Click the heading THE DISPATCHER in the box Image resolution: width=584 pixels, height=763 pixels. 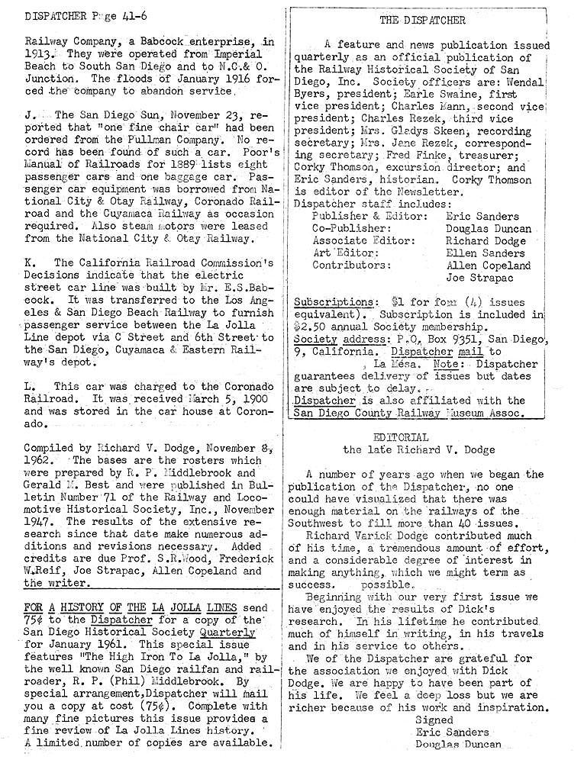(x=422, y=20)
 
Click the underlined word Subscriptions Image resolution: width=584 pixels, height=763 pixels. (x=332, y=301)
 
